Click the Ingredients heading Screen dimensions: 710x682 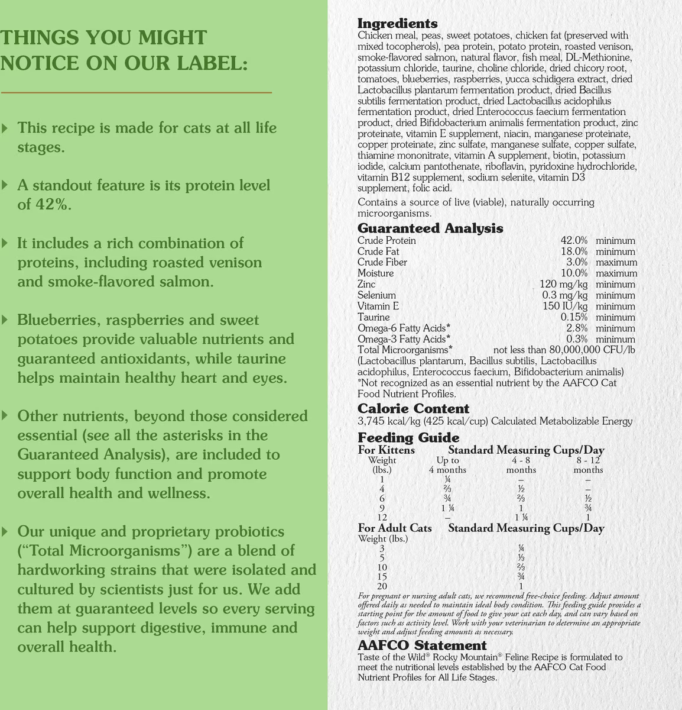pos(397,24)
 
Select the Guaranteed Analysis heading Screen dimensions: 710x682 pos(430,228)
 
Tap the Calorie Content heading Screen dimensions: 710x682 pos(413,409)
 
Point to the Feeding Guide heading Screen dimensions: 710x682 pos(408,438)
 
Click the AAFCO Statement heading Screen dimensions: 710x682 pos(422,646)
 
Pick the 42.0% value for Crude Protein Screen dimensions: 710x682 pos(574,241)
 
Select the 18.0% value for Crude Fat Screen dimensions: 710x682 pos(574,251)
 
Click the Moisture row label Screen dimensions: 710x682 pos(375,273)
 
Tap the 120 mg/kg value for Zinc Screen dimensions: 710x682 pos(563,285)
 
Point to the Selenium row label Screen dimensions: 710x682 pos(376,295)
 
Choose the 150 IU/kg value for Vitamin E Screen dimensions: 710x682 pos(565,306)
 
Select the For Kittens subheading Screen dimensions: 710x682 pos(387,450)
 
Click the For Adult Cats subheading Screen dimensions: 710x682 pos(395,528)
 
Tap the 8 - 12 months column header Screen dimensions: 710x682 pos(588,464)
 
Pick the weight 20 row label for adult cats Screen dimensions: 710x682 pos(382,586)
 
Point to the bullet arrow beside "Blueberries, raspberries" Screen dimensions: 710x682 pos(5,320)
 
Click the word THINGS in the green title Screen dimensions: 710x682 pos(40,38)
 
